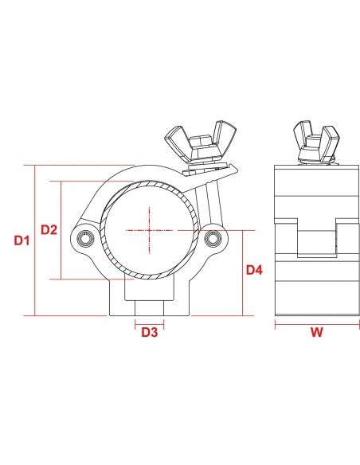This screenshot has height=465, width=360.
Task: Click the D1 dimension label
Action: click(x=22, y=240)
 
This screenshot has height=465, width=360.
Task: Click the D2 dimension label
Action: click(x=49, y=229)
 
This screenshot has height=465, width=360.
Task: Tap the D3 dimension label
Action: click(x=150, y=332)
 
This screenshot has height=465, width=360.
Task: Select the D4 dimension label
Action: click(x=254, y=270)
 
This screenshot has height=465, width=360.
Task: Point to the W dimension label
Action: click(x=317, y=332)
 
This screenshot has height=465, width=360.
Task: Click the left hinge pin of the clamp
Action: click(x=86, y=238)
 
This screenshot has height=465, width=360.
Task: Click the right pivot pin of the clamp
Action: click(x=213, y=238)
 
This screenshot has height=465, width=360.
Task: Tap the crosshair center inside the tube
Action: click(x=149, y=230)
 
